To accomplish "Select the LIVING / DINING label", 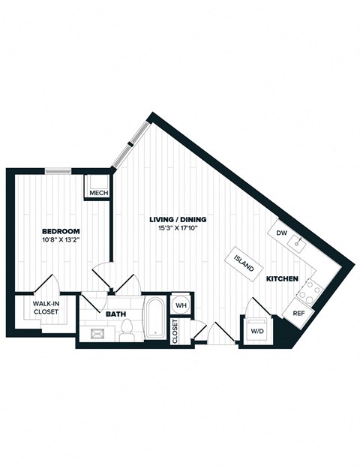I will (178, 219).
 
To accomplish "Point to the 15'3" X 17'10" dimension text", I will (178, 229).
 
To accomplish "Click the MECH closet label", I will (99, 193).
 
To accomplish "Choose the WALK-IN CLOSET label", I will (46, 307).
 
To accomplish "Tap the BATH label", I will (115, 314).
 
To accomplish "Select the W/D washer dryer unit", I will (256, 330).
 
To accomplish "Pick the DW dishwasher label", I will (282, 233).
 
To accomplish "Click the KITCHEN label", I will (282, 279).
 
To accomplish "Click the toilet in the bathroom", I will (127, 328).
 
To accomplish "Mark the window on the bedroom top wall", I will (58, 170).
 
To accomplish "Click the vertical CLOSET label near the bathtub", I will (175, 331).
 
